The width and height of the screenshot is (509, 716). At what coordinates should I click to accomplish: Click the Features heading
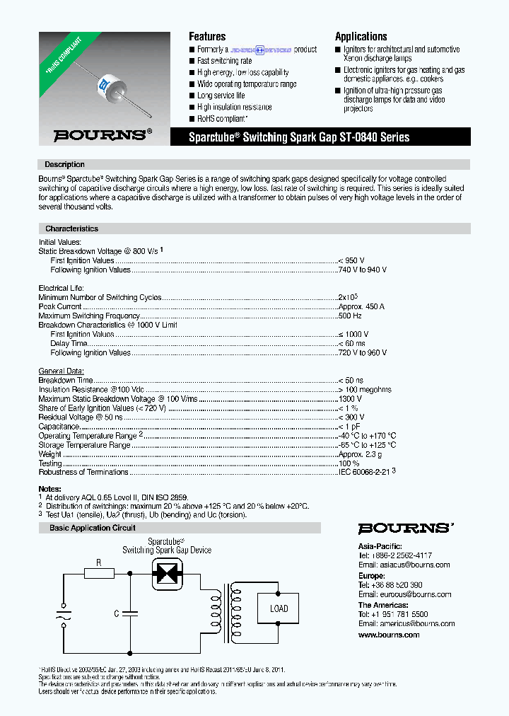click(x=207, y=36)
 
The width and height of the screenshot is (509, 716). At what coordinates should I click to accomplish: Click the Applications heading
click(x=361, y=36)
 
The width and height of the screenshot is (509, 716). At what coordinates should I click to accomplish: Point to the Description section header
click(x=64, y=164)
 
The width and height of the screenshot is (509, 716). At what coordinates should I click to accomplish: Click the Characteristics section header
click(x=71, y=229)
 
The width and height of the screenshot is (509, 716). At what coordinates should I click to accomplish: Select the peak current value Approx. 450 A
click(x=361, y=306)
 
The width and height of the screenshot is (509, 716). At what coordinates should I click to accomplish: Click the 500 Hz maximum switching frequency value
click(x=350, y=316)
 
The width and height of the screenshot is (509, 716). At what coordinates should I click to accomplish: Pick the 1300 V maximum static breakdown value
click(x=351, y=399)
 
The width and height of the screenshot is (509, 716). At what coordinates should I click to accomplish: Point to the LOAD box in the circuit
click(x=279, y=608)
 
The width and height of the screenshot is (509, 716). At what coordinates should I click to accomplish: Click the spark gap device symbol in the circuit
click(x=168, y=572)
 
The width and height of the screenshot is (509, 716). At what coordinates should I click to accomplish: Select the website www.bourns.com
click(x=389, y=635)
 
